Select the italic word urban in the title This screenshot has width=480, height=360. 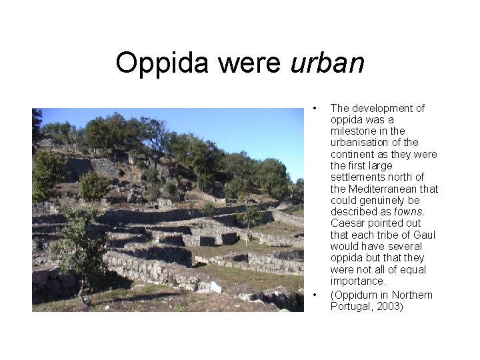point(328,63)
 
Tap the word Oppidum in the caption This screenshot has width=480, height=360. point(357,295)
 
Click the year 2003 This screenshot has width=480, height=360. point(390,306)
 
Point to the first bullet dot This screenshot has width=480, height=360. point(313,108)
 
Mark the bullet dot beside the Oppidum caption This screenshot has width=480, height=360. point(313,295)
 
